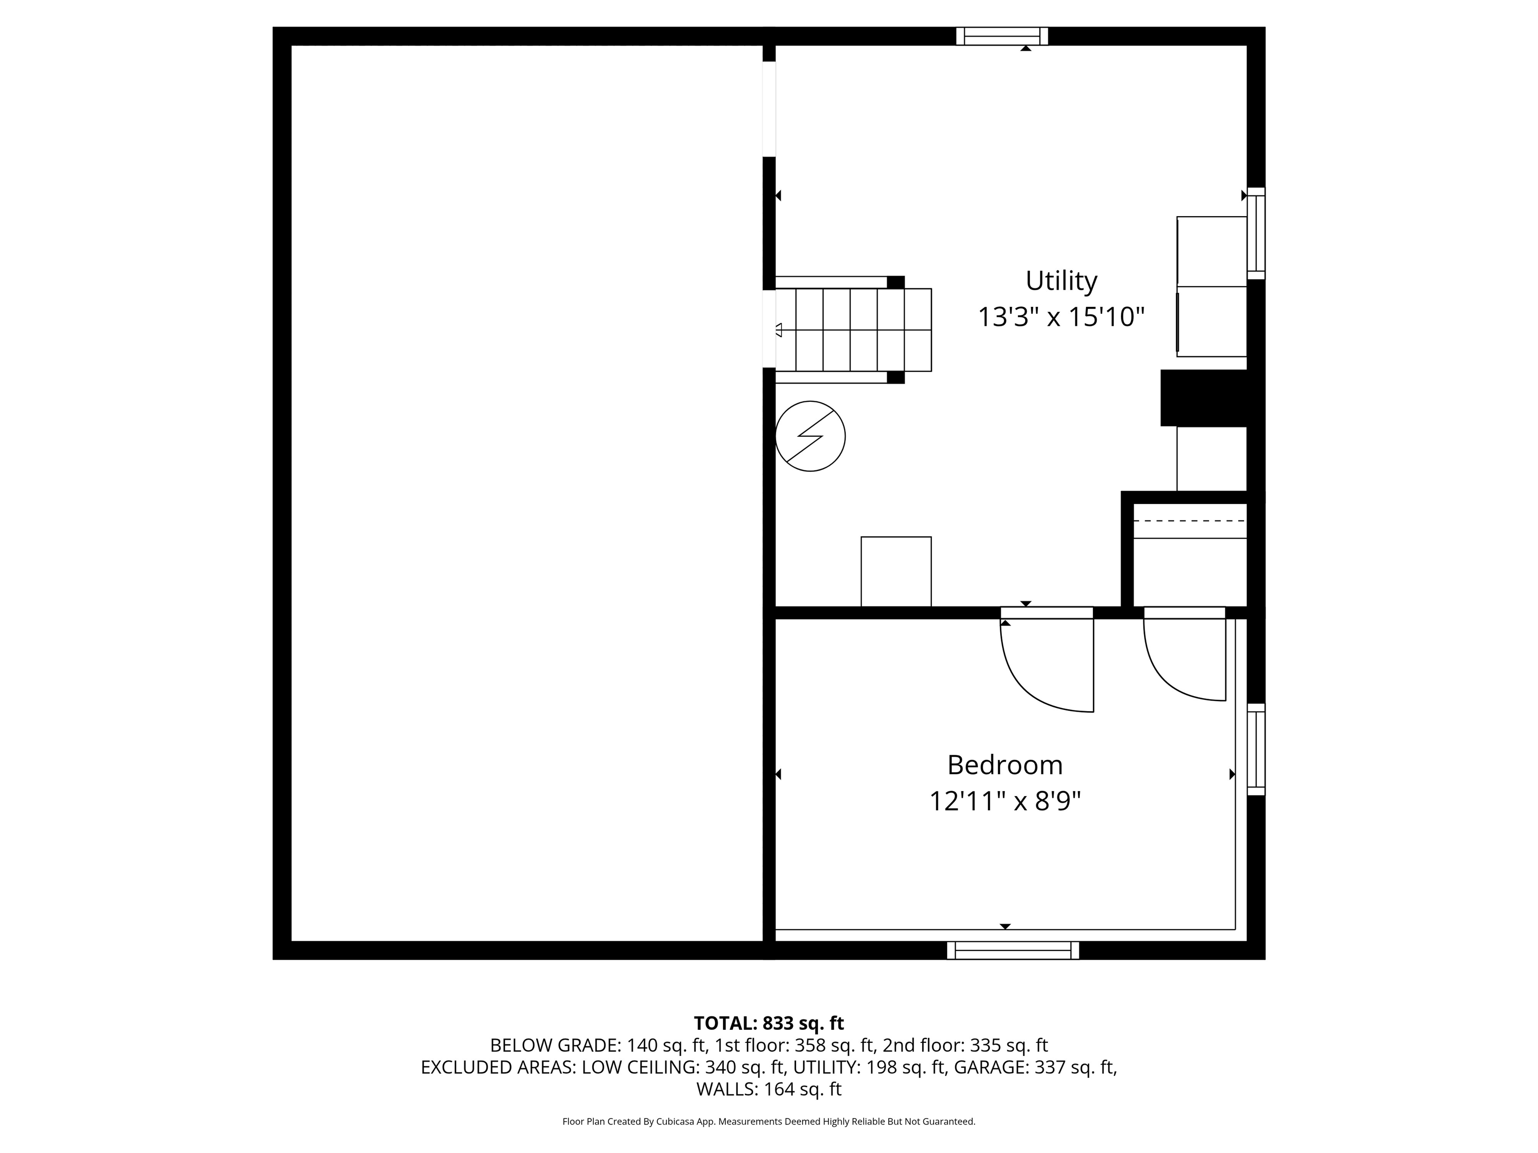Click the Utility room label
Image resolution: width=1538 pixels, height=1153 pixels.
point(1061,281)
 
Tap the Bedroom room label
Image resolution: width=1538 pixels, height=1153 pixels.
point(1005,765)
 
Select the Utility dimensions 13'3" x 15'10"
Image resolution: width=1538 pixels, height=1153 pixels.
point(1061,318)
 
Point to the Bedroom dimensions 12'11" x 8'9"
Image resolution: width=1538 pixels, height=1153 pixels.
point(1005,802)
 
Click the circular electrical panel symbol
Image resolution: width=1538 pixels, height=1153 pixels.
point(810,436)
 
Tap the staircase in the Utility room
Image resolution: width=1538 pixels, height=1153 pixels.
point(853,330)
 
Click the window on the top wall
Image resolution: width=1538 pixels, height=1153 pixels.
point(1002,36)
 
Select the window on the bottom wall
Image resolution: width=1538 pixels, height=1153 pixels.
point(1013,950)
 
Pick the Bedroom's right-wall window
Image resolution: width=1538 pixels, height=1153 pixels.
point(1256,749)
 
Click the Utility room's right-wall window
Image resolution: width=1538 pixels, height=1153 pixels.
point(1256,234)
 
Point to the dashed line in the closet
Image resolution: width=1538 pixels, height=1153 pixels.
point(1190,520)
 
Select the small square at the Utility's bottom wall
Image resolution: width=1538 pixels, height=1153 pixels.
point(896,571)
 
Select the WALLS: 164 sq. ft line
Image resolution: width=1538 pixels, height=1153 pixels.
point(769,1089)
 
